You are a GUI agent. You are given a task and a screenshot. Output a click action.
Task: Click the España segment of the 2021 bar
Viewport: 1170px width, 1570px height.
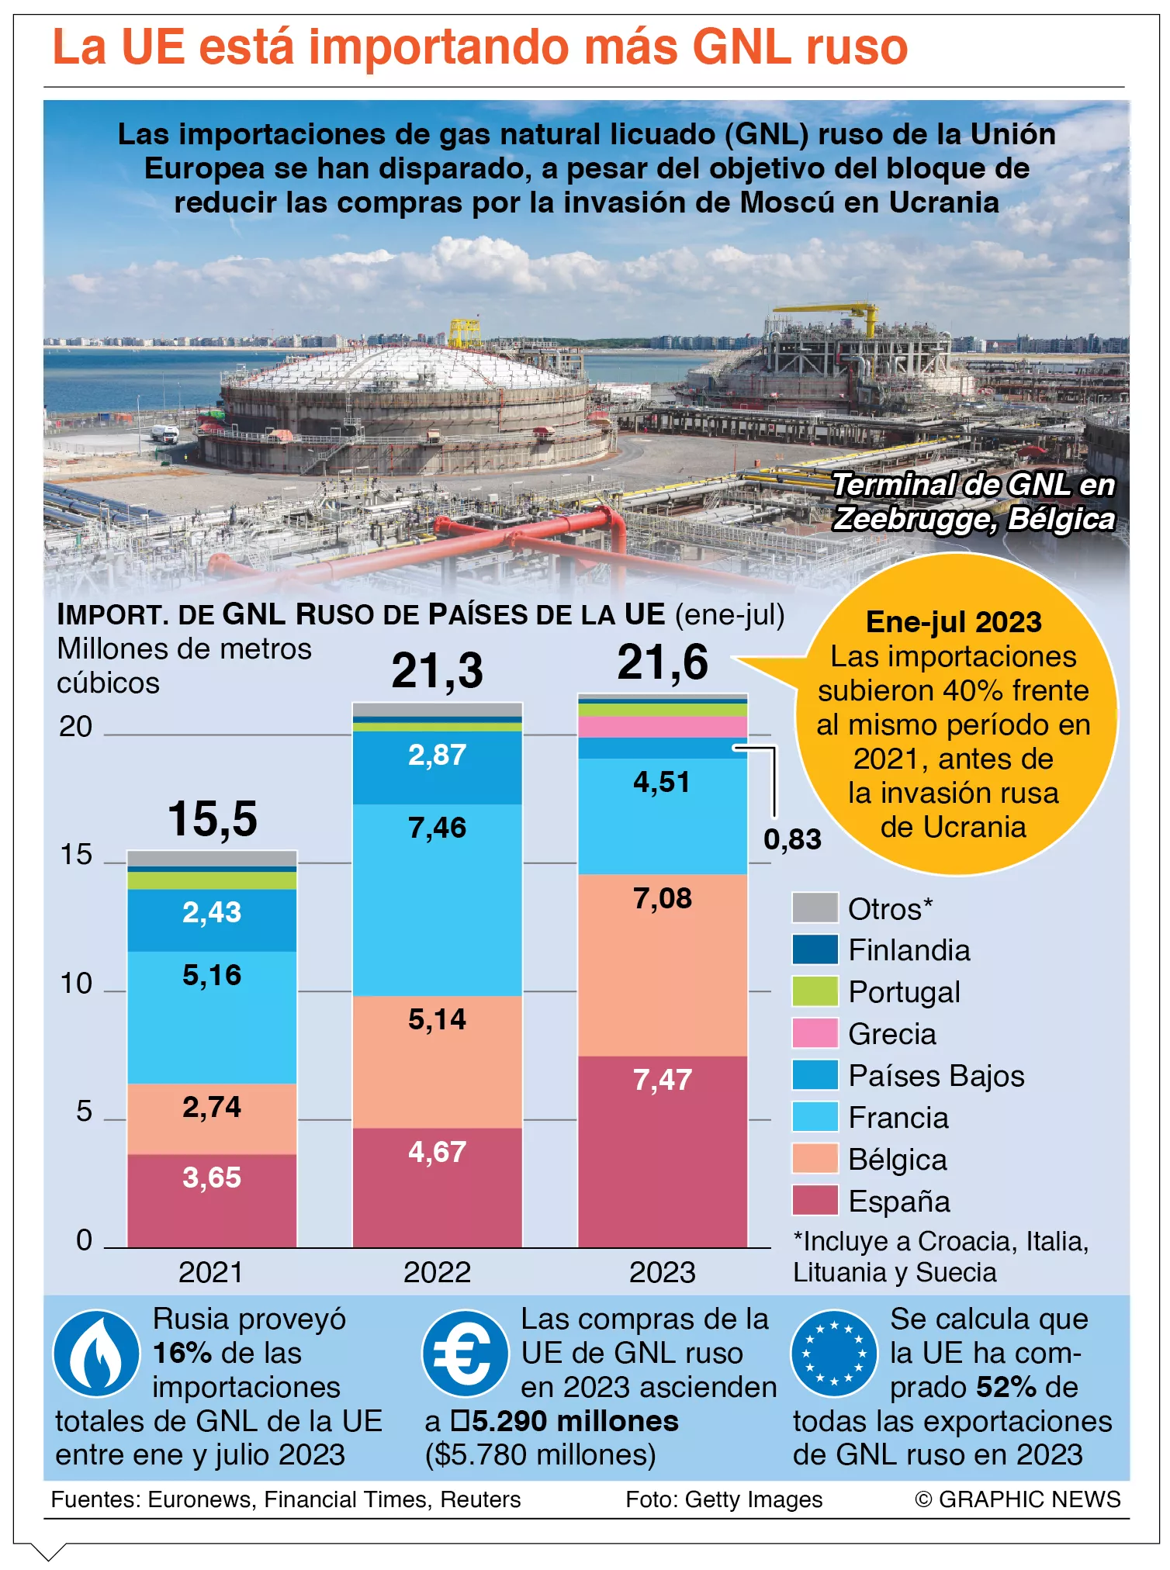pyautogui.click(x=212, y=1200)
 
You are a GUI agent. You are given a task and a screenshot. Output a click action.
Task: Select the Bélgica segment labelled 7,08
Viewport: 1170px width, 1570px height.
pyautogui.click(x=663, y=965)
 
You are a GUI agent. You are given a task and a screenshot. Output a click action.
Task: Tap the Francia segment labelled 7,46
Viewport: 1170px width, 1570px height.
pyautogui.click(x=438, y=900)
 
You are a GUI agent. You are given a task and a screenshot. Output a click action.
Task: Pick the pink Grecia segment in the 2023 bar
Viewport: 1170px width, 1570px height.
pyautogui.click(x=663, y=727)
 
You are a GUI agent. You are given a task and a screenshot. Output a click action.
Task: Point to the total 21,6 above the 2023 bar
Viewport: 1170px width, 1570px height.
pyautogui.click(x=663, y=662)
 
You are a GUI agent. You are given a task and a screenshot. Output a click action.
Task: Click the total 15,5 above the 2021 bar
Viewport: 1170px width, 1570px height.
pyautogui.click(x=213, y=818)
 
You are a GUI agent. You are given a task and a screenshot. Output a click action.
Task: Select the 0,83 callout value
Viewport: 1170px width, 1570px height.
pyautogui.click(x=792, y=839)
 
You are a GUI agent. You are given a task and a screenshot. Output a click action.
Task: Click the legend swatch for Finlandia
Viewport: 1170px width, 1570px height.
pyautogui.click(x=815, y=949)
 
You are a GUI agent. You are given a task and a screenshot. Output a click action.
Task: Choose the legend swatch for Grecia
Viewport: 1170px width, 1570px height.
pyautogui.click(x=815, y=1033)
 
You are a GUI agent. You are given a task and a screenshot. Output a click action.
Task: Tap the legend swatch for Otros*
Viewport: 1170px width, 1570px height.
pyautogui.click(x=815, y=908)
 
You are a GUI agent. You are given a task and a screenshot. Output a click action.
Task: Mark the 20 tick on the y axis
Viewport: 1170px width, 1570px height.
pyautogui.click(x=75, y=727)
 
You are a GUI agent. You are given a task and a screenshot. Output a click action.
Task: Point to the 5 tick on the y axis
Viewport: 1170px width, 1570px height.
pyautogui.click(x=84, y=1112)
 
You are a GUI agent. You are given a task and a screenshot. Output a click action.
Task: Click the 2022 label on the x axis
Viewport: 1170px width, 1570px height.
pyautogui.click(x=438, y=1272)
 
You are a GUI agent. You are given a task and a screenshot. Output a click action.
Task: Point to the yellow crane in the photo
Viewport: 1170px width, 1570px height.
pyautogui.click(x=830, y=318)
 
